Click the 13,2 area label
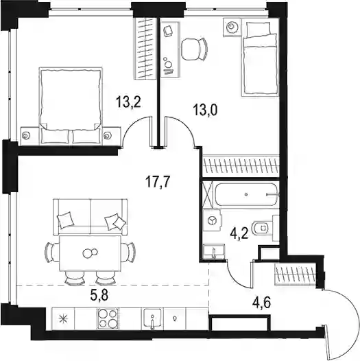[x=128, y=102]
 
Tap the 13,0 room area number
[x=206, y=110]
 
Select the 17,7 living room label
[x=158, y=181]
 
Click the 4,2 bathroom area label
[x=239, y=234]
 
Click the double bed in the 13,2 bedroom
[x=71, y=106]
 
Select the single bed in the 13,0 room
[x=260, y=59]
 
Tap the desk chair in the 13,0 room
[x=194, y=49]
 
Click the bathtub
[x=247, y=194]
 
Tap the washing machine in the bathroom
[x=213, y=221]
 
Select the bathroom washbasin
[x=214, y=252]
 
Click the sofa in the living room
[x=91, y=217]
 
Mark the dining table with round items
[x=90, y=253]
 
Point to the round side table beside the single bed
[x=232, y=27]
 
